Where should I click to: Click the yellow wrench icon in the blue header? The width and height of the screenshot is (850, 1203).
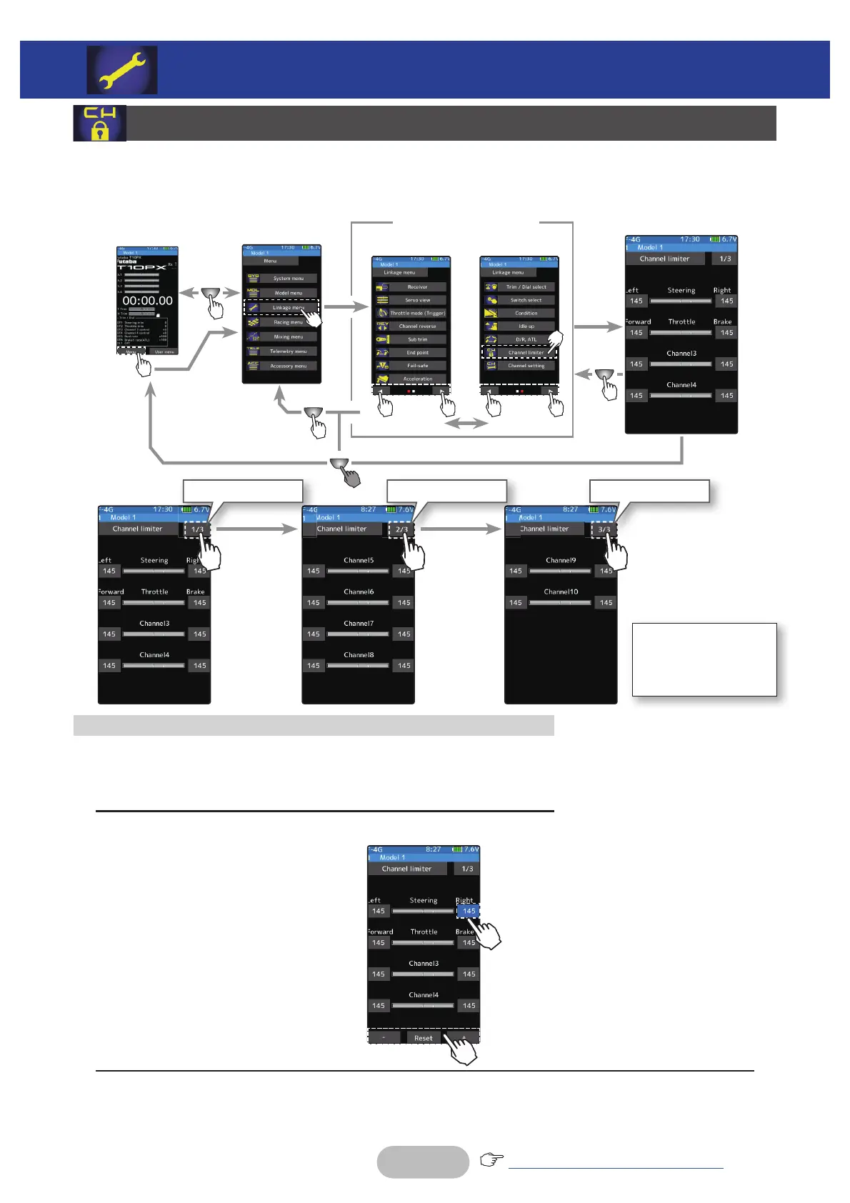pyautogui.click(x=122, y=70)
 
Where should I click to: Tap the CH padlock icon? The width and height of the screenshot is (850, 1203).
pyautogui.click(x=99, y=123)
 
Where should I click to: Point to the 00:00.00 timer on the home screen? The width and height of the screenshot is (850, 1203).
pyautogui.click(x=147, y=301)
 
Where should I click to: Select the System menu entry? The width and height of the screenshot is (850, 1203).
pyautogui.click(x=288, y=279)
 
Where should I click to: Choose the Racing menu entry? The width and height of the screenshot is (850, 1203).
pyautogui.click(x=288, y=322)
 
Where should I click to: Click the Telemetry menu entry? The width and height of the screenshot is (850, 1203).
pyautogui.click(x=288, y=351)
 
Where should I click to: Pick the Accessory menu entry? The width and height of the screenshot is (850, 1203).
pyautogui.click(x=288, y=366)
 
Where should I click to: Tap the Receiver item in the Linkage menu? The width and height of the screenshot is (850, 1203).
pyautogui.click(x=417, y=287)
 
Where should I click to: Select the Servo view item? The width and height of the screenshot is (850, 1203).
pyautogui.click(x=417, y=300)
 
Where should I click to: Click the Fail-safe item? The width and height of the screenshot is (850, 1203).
pyautogui.click(x=417, y=366)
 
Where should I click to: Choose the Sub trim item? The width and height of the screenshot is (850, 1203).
pyautogui.click(x=417, y=339)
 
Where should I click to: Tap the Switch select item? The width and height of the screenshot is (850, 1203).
pyautogui.click(x=526, y=300)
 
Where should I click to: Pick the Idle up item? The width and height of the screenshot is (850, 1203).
pyautogui.click(x=526, y=326)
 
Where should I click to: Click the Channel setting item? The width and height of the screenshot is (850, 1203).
pyautogui.click(x=526, y=366)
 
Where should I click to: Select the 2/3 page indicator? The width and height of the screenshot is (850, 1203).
pyautogui.click(x=401, y=529)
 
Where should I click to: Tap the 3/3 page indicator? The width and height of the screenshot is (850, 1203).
pyautogui.click(x=604, y=529)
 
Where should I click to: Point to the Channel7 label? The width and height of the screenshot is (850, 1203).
pyautogui.click(x=359, y=624)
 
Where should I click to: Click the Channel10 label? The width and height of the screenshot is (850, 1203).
pyautogui.click(x=561, y=592)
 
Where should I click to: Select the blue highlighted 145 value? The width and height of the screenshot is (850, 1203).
pyautogui.click(x=469, y=911)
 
